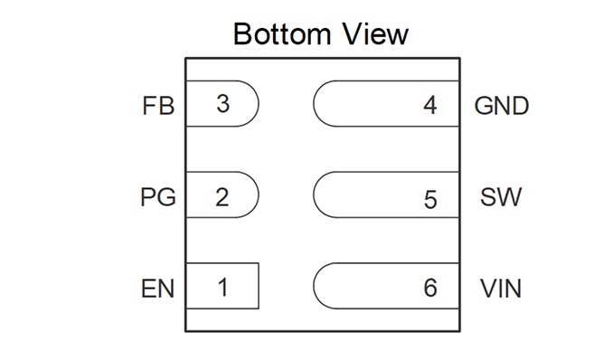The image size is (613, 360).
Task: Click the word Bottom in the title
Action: (282, 34)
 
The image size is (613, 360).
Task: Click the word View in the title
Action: (375, 34)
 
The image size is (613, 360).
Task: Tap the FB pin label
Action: (158, 106)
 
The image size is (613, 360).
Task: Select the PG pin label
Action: (158, 197)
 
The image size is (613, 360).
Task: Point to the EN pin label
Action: (157, 289)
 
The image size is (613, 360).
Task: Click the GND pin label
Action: (502, 106)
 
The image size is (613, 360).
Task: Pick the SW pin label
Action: (501, 197)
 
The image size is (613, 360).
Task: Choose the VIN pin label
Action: (501, 289)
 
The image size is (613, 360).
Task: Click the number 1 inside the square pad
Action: (222, 288)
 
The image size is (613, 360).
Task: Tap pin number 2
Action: (222, 197)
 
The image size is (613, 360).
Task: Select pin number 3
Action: (222, 104)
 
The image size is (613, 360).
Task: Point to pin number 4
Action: (430, 105)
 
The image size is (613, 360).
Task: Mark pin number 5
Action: (430, 200)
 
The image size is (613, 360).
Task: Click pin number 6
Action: (430, 288)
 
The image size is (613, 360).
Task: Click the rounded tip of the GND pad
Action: (314, 104)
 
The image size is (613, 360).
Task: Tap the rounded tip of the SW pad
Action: (314, 194)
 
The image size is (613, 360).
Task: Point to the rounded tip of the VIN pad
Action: (314, 286)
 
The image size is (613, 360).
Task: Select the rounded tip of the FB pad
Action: (259, 104)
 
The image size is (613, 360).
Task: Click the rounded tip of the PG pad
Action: (259, 194)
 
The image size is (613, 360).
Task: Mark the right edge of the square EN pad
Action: (259, 286)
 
